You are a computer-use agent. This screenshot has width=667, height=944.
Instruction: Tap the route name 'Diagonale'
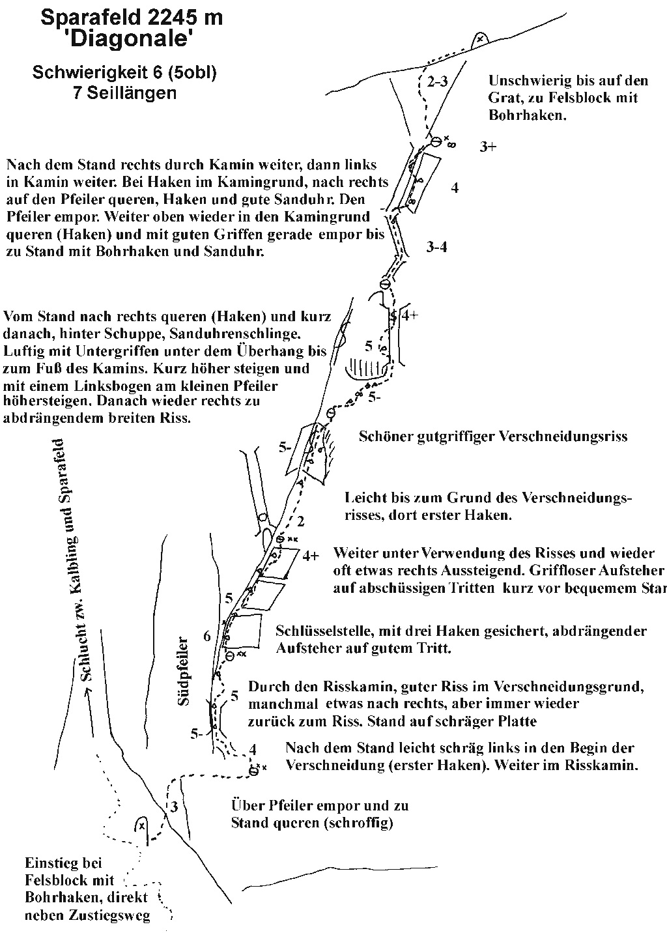[x=131, y=40]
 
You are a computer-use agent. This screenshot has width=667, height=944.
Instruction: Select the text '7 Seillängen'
[x=125, y=93]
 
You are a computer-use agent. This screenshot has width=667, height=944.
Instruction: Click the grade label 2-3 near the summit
[x=438, y=81]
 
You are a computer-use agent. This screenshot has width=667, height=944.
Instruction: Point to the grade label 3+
[x=488, y=147]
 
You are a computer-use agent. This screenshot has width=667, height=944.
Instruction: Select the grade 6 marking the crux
[x=206, y=636]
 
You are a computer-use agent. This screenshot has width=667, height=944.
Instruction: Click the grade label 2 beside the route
[x=300, y=521]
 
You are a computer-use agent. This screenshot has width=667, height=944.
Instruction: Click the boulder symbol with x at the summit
[x=480, y=39]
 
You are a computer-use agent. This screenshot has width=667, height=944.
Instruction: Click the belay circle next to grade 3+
[x=436, y=141]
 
